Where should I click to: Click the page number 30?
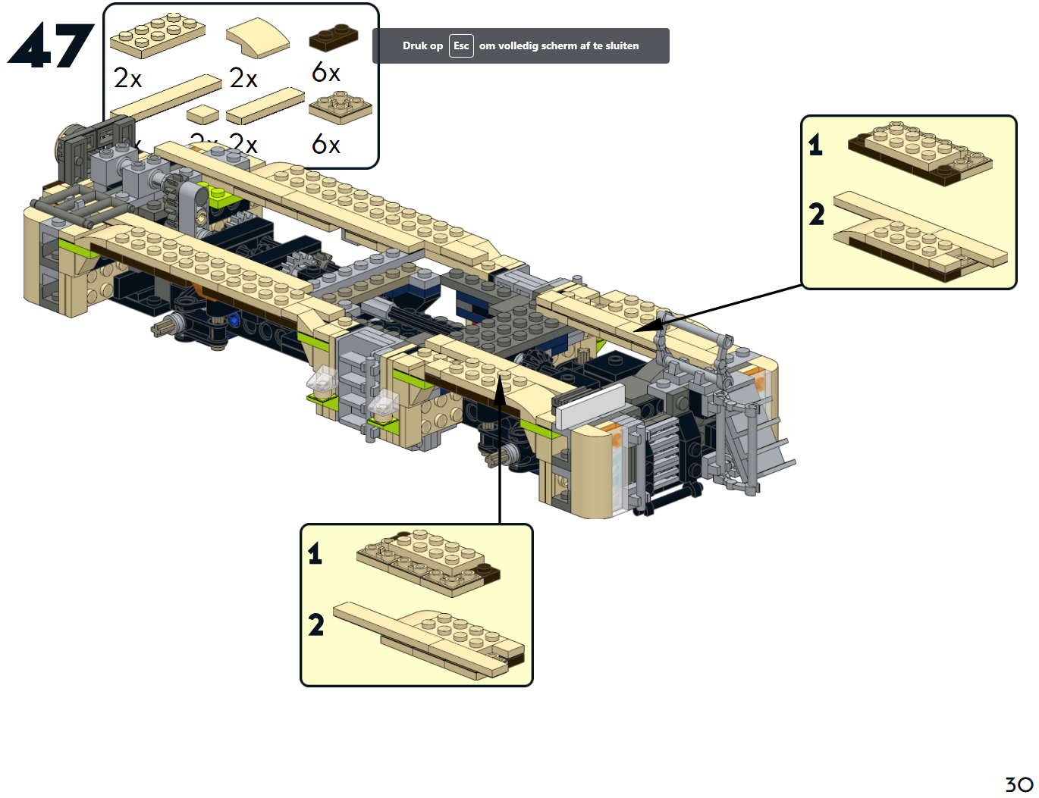pyautogui.click(x=1019, y=784)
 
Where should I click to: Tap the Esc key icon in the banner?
pyautogui.click(x=461, y=45)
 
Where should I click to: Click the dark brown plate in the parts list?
pyautogui.click(x=333, y=37)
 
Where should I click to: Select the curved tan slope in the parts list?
pyautogui.click(x=258, y=37)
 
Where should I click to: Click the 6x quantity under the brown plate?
pyautogui.click(x=325, y=73)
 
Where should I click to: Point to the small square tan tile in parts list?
pyautogui.click(x=202, y=114)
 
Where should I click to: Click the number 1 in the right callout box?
pyautogui.click(x=815, y=144)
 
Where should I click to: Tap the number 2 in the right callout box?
pyautogui.click(x=816, y=214)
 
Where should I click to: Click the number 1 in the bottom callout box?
pyautogui.click(x=315, y=553)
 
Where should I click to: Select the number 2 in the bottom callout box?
pyautogui.click(x=315, y=624)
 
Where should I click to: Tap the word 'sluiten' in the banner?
pyautogui.click(x=622, y=45)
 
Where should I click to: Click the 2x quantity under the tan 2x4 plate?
pyautogui.click(x=127, y=78)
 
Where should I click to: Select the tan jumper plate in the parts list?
pyautogui.click(x=340, y=108)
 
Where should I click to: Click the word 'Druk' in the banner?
pyautogui.click(x=413, y=45)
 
